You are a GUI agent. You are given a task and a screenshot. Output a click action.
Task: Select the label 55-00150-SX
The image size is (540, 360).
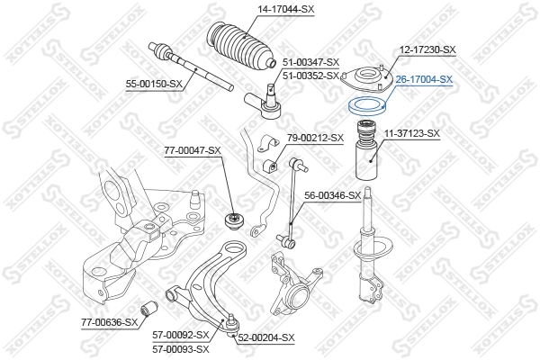[x=154, y=84]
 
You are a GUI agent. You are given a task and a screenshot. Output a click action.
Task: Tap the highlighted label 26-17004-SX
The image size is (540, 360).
[x=423, y=79]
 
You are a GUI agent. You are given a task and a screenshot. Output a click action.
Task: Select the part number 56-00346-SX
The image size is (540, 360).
[x=332, y=194]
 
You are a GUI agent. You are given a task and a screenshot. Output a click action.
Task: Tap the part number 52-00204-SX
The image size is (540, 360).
[x=266, y=337]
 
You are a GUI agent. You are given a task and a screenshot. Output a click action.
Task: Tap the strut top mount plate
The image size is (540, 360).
[x=366, y=77]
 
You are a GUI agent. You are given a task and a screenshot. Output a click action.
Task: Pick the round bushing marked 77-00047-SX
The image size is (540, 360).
[x=233, y=219]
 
